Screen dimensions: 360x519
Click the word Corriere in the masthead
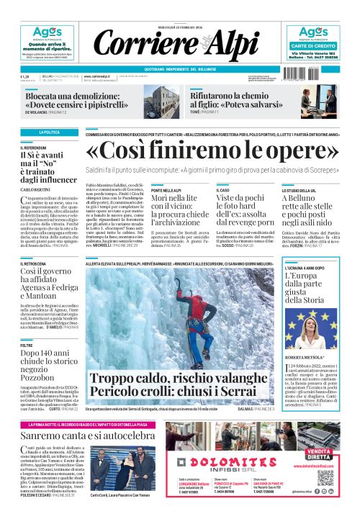[x=137, y=44]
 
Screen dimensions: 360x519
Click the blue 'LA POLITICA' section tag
[x=50, y=132]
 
